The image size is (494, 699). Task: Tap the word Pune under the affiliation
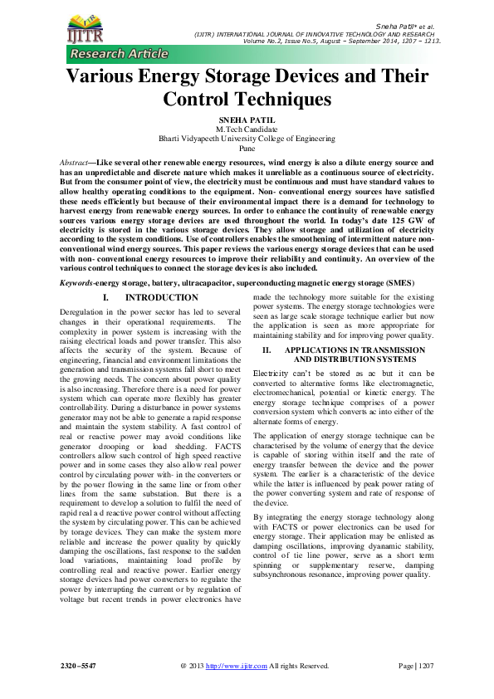(247, 148)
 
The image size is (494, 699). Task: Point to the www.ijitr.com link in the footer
(243, 666)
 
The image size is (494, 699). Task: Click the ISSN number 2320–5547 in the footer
(78, 666)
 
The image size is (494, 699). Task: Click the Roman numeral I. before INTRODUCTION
(105, 297)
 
